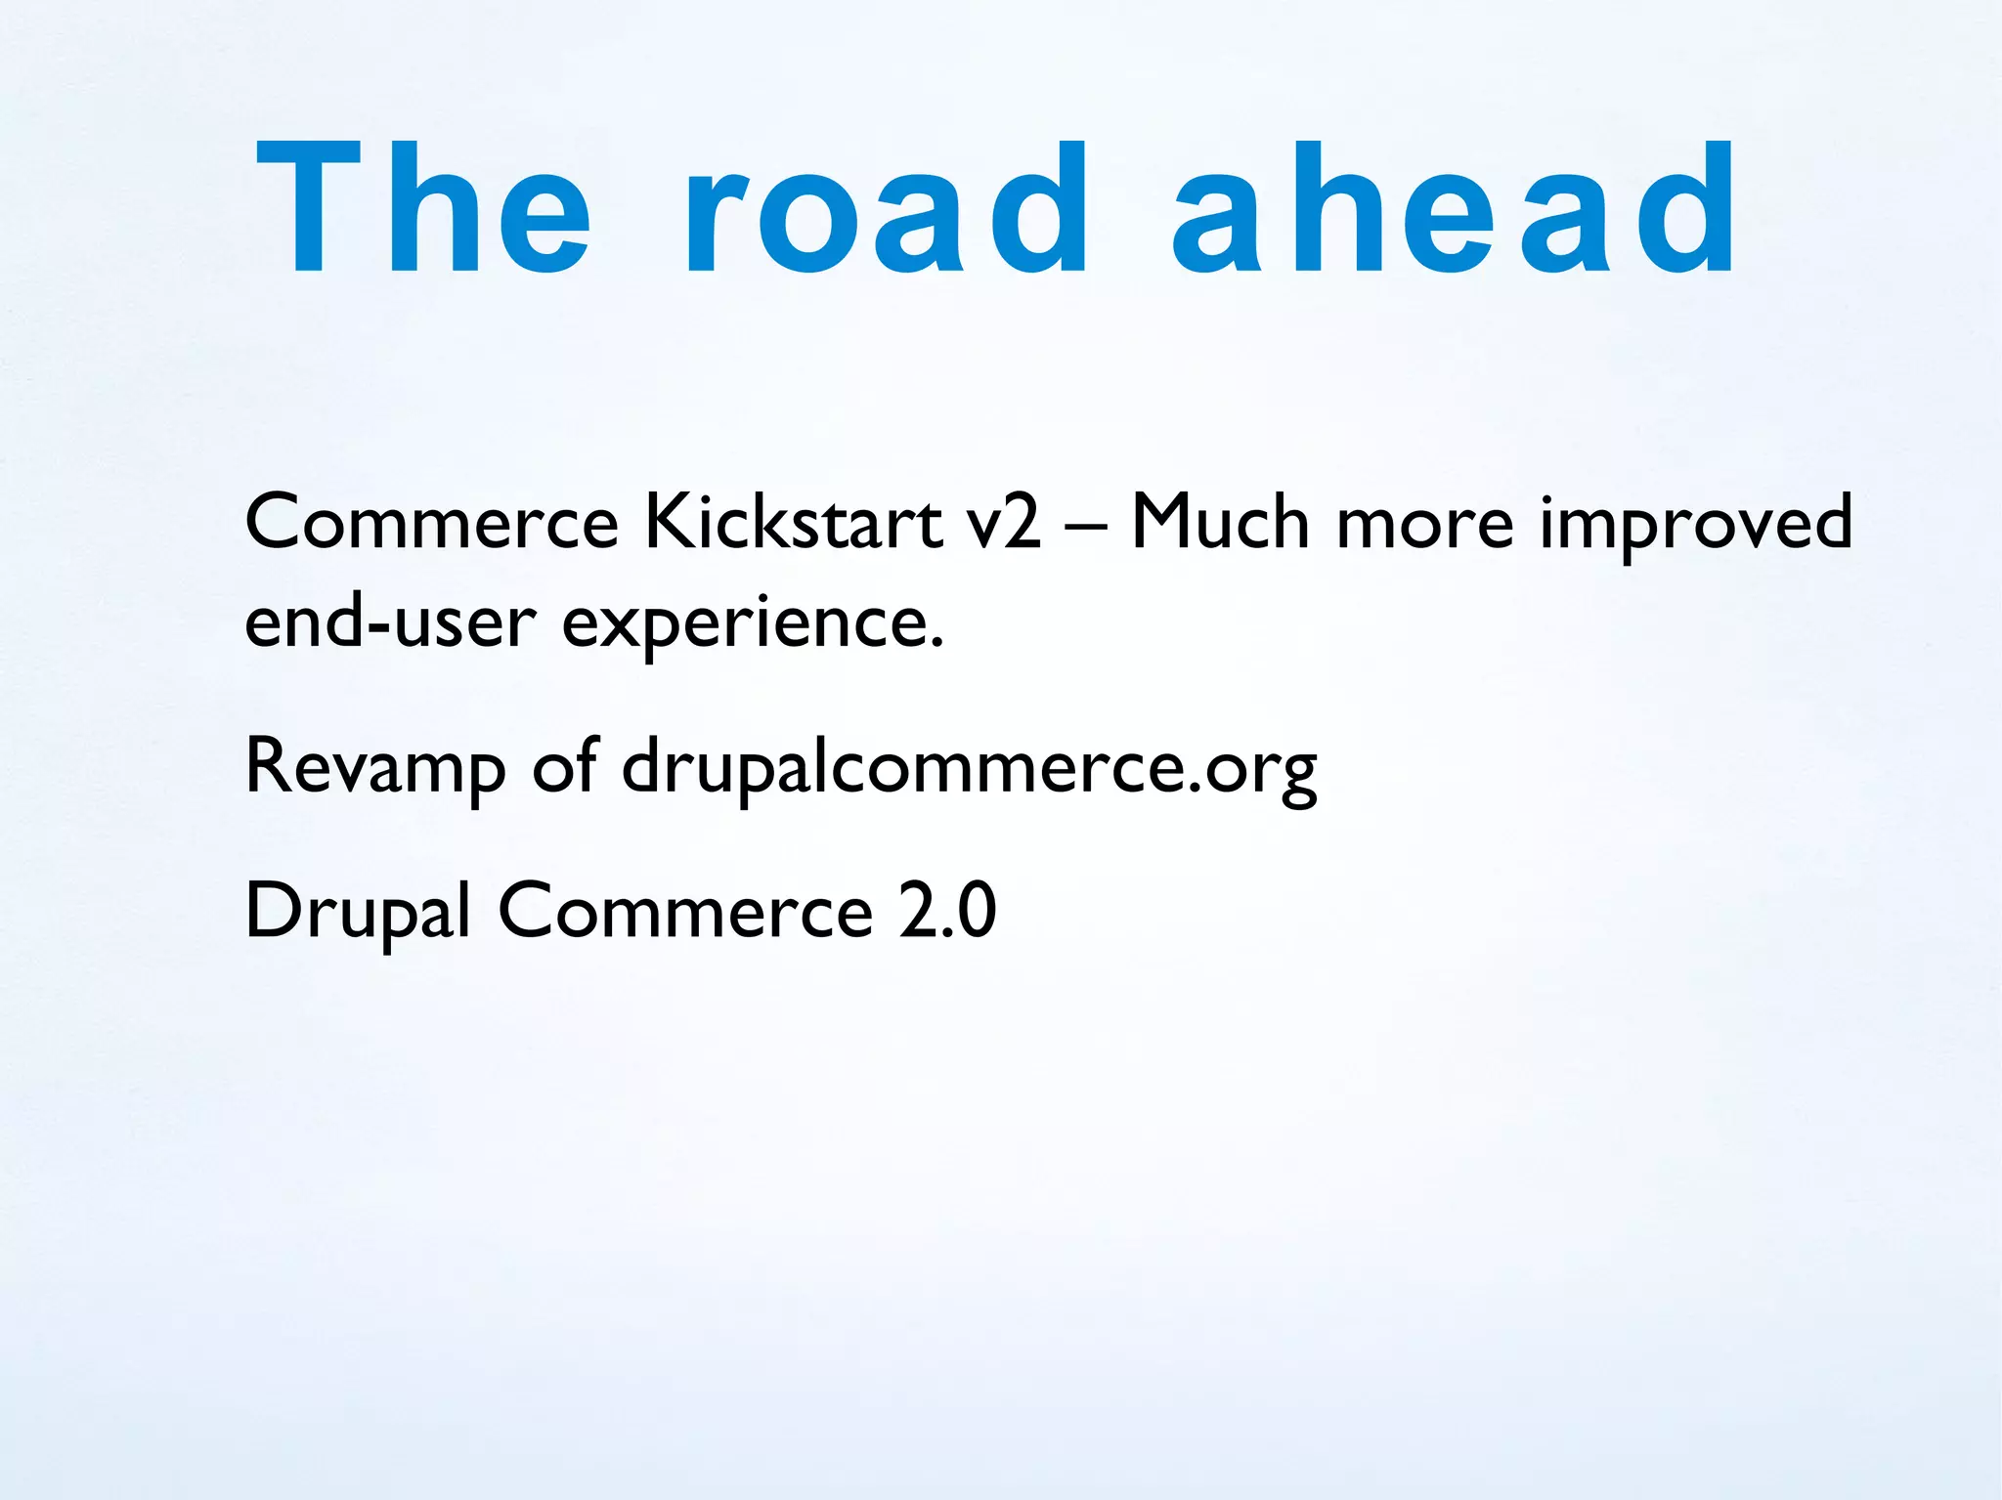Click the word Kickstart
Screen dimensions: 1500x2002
(793, 523)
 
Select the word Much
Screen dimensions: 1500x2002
(1219, 523)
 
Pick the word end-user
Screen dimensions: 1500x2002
(390, 621)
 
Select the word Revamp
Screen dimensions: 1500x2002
(374, 767)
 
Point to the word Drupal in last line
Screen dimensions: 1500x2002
(358, 912)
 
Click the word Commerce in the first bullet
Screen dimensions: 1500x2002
(431, 523)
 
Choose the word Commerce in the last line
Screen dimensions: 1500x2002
(685, 912)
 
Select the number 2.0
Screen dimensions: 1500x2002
(947, 912)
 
